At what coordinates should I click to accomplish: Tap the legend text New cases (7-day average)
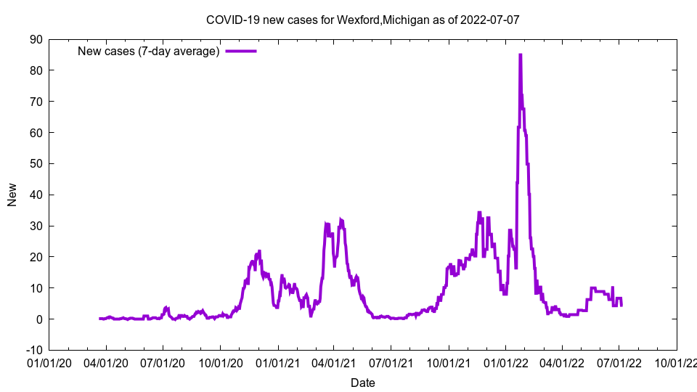tap(149, 51)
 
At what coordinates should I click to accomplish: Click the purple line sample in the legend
tap(241, 51)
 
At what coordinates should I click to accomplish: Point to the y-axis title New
tap(12, 195)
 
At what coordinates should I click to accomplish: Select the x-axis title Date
tap(362, 383)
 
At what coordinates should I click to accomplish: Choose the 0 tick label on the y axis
tap(39, 319)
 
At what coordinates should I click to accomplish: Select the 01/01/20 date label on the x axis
tap(49, 362)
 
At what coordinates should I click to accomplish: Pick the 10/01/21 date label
tap(448, 362)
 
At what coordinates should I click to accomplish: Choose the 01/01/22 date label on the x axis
tap(506, 362)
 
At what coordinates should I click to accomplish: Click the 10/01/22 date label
tap(677, 362)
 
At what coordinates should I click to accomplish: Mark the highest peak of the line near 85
tap(520, 55)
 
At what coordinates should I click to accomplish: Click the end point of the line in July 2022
tap(621, 305)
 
